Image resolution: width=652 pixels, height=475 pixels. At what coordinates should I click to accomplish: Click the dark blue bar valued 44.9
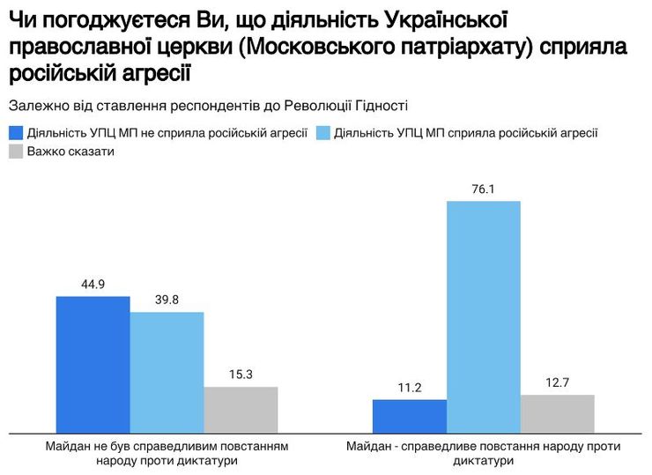click(x=93, y=365)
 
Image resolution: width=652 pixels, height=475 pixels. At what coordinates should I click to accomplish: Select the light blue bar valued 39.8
click(x=167, y=372)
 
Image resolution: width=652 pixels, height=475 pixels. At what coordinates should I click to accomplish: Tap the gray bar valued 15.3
click(x=241, y=410)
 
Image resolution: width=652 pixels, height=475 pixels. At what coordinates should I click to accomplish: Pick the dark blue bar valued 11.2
click(x=409, y=416)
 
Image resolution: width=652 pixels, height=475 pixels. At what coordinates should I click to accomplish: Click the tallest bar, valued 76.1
click(x=483, y=317)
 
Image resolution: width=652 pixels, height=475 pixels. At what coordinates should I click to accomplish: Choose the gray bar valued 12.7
click(x=557, y=413)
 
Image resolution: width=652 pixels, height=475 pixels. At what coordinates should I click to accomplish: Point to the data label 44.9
click(x=93, y=285)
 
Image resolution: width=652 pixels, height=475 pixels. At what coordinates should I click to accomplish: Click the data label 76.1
click(x=483, y=189)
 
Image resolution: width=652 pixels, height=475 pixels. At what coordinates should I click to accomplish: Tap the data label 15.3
click(x=241, y=375)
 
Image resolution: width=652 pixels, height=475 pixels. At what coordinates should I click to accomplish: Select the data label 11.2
click(x=409, y=387)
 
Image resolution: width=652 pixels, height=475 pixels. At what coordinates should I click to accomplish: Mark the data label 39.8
click(x=167, y=300)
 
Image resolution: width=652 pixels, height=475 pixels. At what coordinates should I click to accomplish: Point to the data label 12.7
click(x=557, y=382)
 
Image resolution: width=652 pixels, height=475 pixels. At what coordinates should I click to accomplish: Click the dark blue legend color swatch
click(x=15, y=133)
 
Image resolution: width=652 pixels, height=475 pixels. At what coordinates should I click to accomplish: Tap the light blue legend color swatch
click(x=322, y=133)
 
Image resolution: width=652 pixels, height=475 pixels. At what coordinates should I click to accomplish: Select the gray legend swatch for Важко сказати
click(x=15, y=152)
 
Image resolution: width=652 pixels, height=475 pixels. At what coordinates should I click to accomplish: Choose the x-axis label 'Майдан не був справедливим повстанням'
click(x=167, y=447)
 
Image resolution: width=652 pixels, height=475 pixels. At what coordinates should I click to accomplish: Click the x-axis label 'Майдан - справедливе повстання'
click(x=483, y=447)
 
